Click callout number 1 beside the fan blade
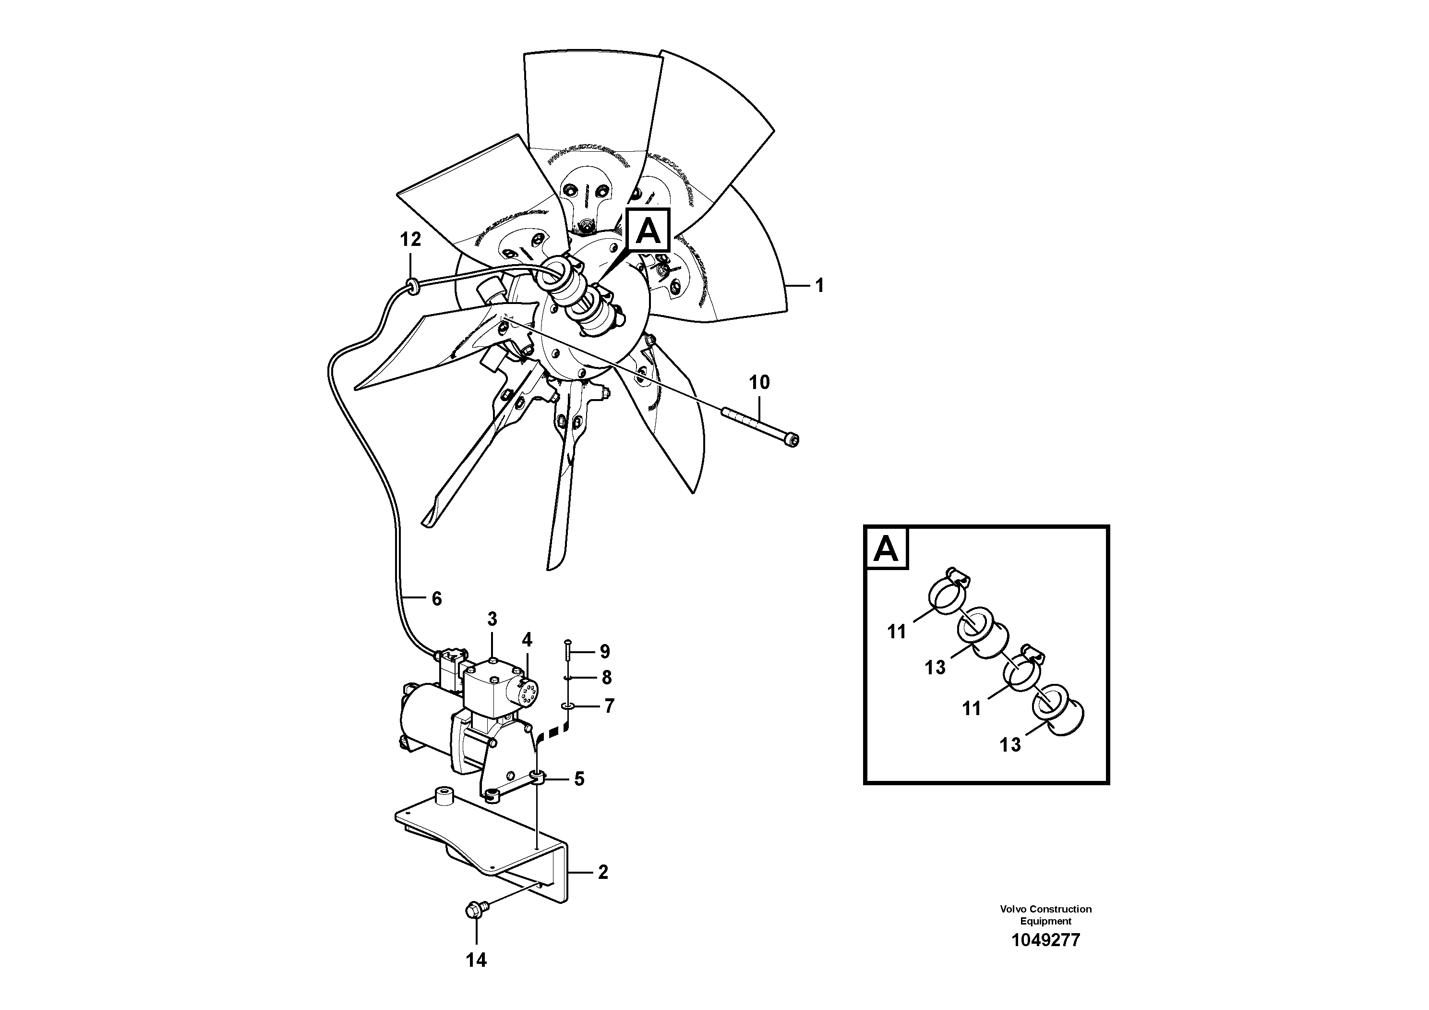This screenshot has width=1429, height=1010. (820, 286)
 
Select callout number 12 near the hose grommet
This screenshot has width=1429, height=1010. (410, 239)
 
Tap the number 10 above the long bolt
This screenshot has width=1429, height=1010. (759, 382)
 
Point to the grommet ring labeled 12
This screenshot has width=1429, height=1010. (411, 285)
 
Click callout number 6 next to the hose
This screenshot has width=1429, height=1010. (436, 599)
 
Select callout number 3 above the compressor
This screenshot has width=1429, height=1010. (492, 619)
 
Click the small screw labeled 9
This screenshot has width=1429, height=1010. (568, 651)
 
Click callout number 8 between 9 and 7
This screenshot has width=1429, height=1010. (606, 678)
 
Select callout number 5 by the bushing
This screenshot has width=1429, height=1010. (579, 779)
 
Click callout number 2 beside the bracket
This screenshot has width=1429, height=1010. (602, 872)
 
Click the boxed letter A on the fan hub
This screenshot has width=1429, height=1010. (648, 231)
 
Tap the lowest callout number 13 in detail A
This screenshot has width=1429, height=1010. (1010, 745)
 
